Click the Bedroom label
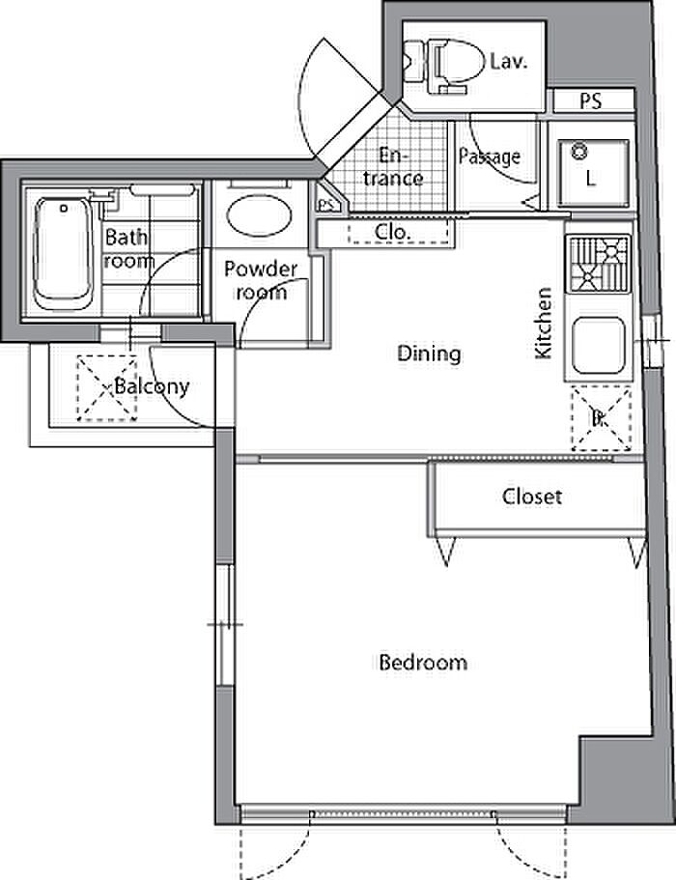click(423, 663)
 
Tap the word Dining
click(429, 354)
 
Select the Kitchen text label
click(543, 323)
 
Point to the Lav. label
click(509, 61)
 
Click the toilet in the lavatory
click(444, 65)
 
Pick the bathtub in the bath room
click(62, 254)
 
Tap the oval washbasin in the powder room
click(259, 215)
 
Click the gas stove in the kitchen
click(599, 264)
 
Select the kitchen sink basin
click(598, 346)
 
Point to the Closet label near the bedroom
click(532, 497)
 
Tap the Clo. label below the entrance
click(393, 232)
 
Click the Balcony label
click(152, 386)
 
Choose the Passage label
click(490, 156)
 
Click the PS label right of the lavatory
click(591, 101)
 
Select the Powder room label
click(261, 280)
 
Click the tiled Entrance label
click(393, 167)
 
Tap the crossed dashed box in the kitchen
click(602, 418)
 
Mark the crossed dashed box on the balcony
click(106, 388)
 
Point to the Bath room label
click(129, 249)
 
